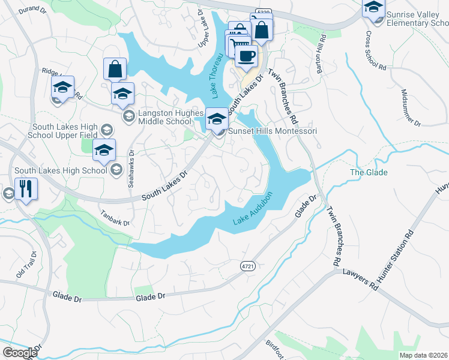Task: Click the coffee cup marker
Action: [x=246, y=57]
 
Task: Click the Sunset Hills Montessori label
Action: [x=271, y=131]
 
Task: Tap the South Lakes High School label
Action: [x=61, y=171]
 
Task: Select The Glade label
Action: [x=369, y=173]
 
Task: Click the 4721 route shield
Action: [x=246, y=265]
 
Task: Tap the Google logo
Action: [x=20, y=353]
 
